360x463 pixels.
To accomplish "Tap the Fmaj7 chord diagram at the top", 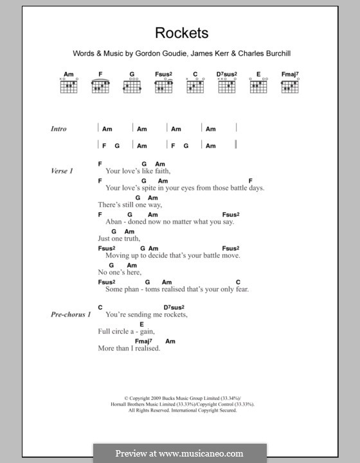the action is tap(287, 86).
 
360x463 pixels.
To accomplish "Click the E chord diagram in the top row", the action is tap(258, 86).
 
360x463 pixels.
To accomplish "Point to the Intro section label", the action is tap(59, 129).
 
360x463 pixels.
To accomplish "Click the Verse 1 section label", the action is tap(62, 171).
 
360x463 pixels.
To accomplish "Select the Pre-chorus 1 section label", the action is tap(71, 314).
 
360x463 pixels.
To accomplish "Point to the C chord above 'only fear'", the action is tap(238, 282).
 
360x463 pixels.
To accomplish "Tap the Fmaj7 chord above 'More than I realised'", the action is tap(143, 341).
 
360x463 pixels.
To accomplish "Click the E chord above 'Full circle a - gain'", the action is tap(141, 324).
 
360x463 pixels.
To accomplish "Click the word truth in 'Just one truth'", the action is tap(131, 239).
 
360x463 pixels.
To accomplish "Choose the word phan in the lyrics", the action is tap(131, 289).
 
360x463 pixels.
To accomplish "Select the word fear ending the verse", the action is tap(240, 289).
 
